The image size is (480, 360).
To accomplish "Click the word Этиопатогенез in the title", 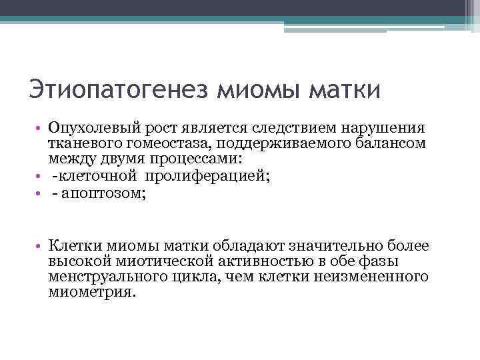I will coord(120,89).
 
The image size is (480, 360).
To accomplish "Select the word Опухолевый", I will coord(91,127).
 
